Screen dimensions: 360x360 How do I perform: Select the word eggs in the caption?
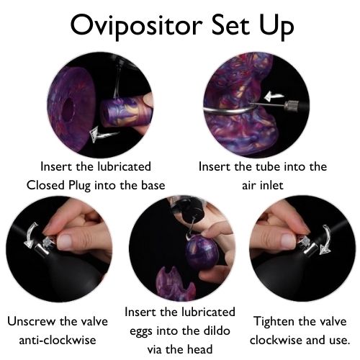click(x=140, y=331)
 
